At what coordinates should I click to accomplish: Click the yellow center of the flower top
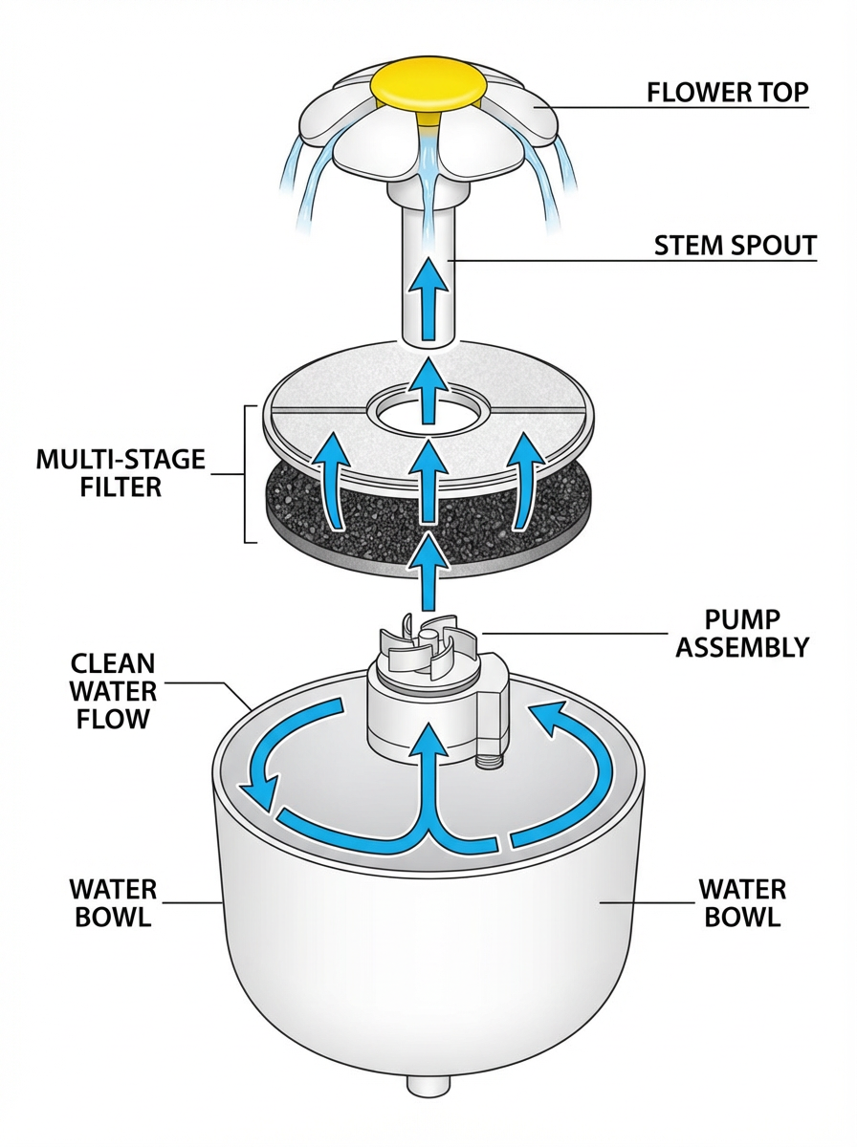[x=428, y=85]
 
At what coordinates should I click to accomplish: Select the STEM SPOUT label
[x=735, y=246]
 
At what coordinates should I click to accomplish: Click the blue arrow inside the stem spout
[x=428, y=300]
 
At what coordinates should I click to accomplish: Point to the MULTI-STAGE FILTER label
[x=121, y=473]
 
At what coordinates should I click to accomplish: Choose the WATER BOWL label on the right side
[x=742, y=903]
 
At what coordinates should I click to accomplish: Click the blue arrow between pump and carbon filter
[x=428, y=573]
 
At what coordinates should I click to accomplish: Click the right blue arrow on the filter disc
[x=522, y=478]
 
